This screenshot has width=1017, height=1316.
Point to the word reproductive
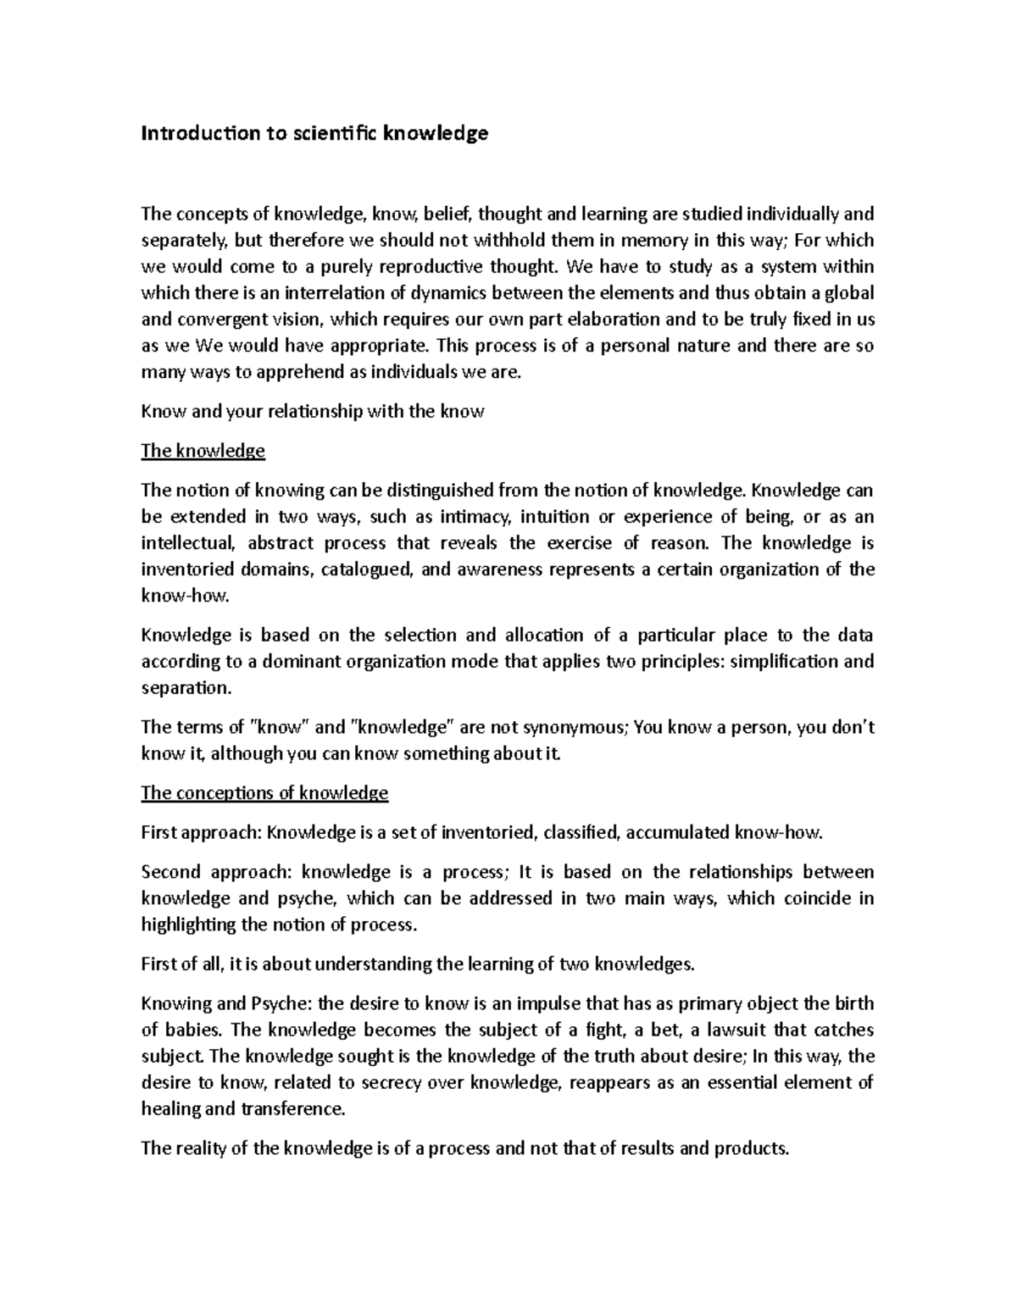407,267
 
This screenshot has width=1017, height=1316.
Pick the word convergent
223,319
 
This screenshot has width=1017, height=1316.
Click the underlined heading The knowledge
203,451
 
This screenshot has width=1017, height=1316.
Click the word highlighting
189,925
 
